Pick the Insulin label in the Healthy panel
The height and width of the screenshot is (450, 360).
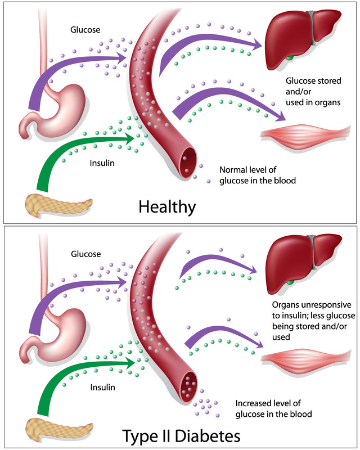[102, 164]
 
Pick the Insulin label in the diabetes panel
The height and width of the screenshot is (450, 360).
[102, 387]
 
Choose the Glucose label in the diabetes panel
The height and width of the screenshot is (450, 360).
[85, 254]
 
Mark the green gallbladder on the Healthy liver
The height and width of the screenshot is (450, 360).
[289, 57]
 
